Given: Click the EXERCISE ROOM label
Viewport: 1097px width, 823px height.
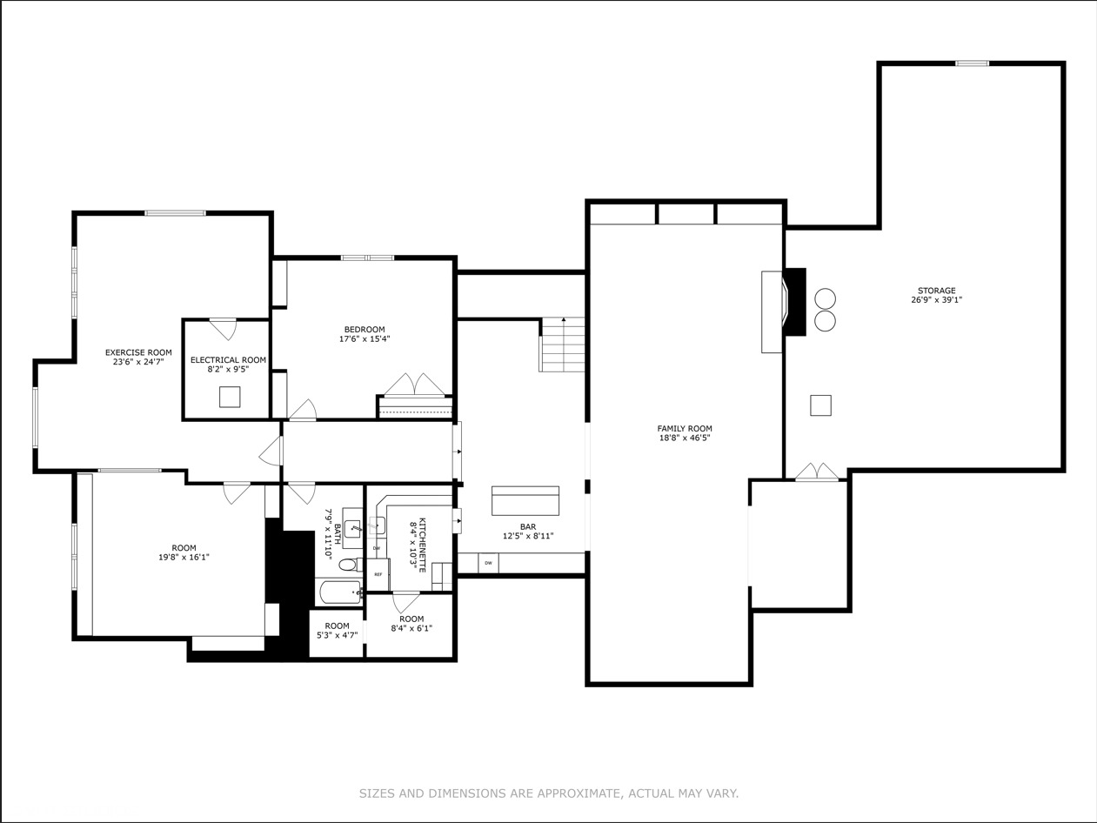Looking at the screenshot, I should (x=138, y=352).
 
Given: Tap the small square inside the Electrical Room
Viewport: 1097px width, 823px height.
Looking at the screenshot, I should (x=229, y=397).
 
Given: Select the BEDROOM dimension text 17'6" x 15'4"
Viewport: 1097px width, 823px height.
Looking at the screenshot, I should (x=365, y=339).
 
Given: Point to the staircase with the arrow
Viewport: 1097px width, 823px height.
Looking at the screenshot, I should (x=563, y=345).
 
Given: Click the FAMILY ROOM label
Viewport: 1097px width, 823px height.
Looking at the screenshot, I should (x=685, y=428).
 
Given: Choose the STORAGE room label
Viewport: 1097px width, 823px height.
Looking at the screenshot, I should (x=936, y=291).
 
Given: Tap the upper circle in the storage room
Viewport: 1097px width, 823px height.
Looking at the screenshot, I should (x=825, y=299).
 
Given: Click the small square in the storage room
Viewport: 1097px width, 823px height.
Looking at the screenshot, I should (x=820, y=405).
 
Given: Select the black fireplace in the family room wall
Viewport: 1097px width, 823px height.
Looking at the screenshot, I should (x=794, y=301).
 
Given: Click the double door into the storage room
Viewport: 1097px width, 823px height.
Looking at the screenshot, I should (x=817, y=472).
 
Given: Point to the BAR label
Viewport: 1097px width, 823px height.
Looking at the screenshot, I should (x=528, y=526).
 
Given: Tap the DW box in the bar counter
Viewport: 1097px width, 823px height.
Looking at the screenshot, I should (x=488, y=564).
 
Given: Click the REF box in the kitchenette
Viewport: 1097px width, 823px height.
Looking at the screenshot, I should (x=378, y=574).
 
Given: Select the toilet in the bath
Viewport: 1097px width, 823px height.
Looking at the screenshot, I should (x=348, y=565).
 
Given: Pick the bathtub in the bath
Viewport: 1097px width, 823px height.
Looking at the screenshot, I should (x=339, y=592).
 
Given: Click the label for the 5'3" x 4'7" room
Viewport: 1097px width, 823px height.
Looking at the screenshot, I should (x=337, y=626).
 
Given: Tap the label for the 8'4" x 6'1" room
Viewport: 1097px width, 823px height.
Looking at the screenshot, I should (x=411, y=619).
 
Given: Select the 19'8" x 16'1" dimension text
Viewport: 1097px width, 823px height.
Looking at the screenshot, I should (x=184, y=558).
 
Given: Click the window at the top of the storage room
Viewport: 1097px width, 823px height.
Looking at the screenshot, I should (x=972, y=64).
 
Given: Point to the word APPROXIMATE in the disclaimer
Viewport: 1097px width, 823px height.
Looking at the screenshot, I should (x=577, y=793).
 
